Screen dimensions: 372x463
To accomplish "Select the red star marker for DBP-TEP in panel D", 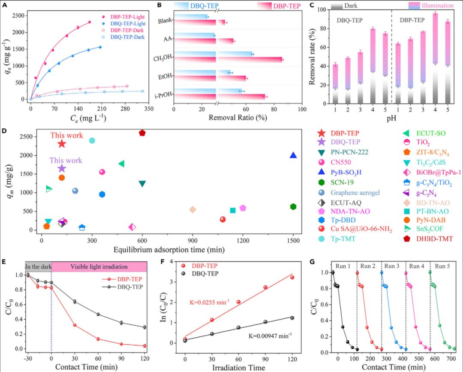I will point(62,143).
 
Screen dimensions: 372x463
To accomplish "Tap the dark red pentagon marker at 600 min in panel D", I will point(142,133).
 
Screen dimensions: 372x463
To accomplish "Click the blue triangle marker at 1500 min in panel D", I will point(293,155).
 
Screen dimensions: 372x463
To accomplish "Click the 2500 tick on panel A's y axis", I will point(18,15).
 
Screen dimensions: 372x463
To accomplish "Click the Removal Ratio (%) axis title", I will point(238,121).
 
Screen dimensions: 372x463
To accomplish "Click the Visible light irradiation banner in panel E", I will point(99,266).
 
